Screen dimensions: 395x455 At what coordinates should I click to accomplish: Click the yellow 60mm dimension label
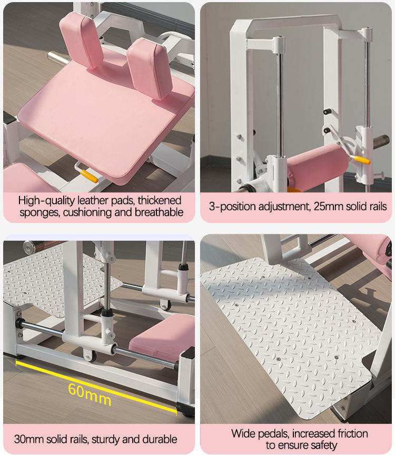pos(90,394)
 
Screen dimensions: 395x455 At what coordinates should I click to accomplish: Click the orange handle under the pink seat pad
pos(89,176)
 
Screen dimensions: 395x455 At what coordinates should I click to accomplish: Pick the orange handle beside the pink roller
pos(362,160)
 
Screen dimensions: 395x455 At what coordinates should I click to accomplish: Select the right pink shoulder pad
pos(150,68)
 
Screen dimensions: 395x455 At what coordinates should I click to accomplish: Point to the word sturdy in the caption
pos(105,440)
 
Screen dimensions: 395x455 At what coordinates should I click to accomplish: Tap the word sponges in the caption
pos(40,213)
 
